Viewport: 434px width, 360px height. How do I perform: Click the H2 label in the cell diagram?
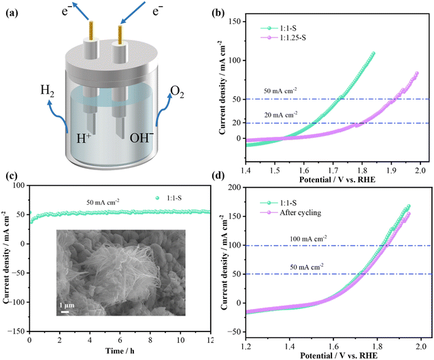point(48,91)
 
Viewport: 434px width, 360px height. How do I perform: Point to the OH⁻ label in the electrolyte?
point(141,137)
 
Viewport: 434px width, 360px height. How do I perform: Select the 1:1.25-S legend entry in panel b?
point(284,37)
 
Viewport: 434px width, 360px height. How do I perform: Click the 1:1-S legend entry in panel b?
point(279,28)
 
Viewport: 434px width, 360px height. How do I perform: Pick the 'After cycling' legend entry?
point(290,213)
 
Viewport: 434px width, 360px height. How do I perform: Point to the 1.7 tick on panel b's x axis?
point(333,169)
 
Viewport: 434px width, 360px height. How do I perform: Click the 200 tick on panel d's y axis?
point(236,187)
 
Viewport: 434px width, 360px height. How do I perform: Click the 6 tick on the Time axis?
point(120,340)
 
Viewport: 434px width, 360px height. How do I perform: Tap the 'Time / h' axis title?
point(120,351)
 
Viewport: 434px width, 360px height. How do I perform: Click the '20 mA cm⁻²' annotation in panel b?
point(281,114)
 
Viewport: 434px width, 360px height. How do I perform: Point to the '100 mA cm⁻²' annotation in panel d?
point(308,238)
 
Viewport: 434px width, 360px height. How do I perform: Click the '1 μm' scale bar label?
point(67,306)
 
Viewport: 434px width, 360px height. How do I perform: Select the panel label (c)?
point(12,176)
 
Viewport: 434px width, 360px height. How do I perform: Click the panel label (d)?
point(217,176)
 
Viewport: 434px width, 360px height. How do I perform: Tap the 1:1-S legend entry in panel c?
point(169,198)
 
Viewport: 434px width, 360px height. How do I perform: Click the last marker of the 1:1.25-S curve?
point(416,73)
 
